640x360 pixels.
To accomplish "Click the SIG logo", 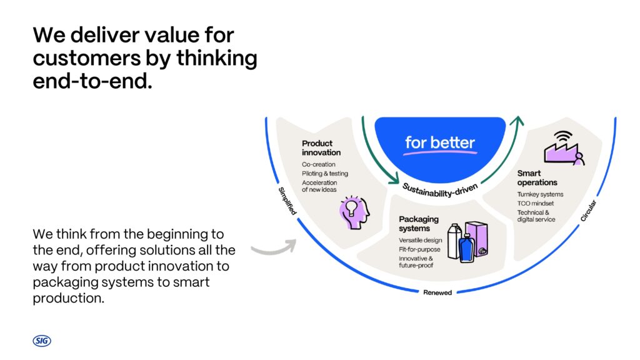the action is click(42, 341).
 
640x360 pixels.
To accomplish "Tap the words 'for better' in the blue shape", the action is click(439, 142).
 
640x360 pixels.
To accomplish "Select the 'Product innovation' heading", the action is click(321, 147).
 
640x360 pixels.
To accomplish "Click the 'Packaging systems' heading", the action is click(419, 224).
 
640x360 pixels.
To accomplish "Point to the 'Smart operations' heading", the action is click(537, 178).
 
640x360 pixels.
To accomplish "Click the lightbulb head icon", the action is click(354, 212).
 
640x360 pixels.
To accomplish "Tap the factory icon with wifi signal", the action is click(564, 147).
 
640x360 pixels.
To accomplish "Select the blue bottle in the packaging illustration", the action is click(466, 247).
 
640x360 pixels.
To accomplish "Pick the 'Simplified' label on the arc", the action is click(287, 201).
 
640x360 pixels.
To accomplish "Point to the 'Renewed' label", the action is click(437, 292).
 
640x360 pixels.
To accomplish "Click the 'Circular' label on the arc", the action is click(588, 211).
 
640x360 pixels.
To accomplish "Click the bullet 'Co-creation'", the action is click(318, 164).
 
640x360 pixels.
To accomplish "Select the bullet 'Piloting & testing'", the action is click(325, 174).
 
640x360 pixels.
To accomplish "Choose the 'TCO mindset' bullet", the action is click(536, 203).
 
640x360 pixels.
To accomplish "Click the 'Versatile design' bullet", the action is click(421, 241).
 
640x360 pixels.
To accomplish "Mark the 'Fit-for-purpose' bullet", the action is click(419, 249).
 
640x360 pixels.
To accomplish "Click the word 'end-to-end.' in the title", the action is click(92, 81).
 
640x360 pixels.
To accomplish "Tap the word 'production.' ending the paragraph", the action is click(69, 298).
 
